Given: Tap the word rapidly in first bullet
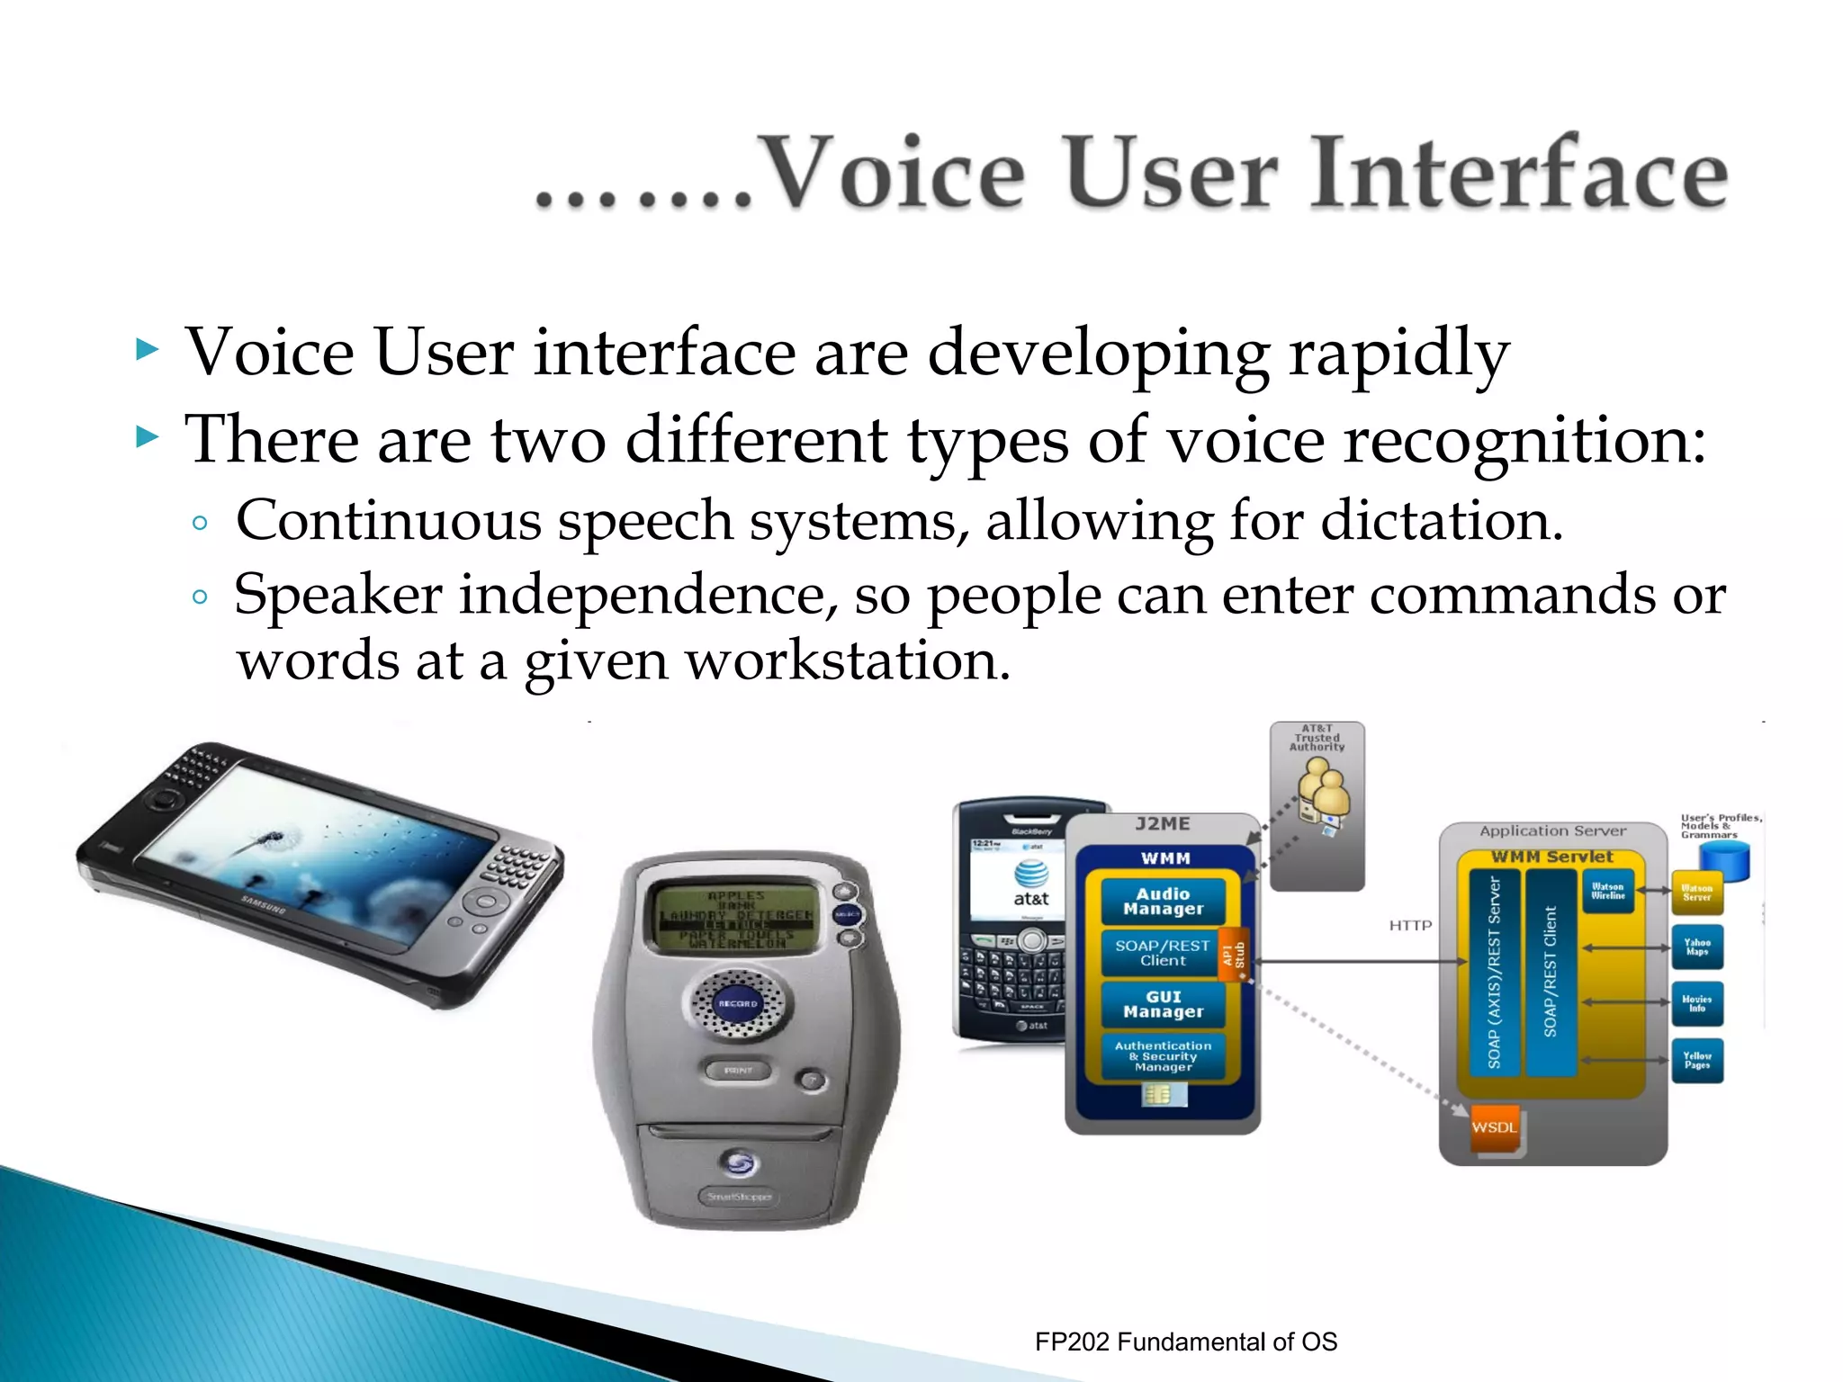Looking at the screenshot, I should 1398,353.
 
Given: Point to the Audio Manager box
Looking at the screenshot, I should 1163,901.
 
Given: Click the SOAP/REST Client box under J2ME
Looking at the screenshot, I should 1162,953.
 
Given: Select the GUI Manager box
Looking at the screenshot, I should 1163,1004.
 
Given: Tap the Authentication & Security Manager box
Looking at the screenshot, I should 1163,1056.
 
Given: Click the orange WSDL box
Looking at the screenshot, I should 1494,1126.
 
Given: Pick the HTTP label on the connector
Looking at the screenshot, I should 1409,925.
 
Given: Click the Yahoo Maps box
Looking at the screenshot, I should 1697,947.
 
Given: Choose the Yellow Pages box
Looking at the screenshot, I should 1697,1060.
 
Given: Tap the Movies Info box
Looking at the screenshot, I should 1697,1003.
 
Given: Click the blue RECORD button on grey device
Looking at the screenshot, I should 738,1003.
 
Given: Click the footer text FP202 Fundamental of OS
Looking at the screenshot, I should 1185,1342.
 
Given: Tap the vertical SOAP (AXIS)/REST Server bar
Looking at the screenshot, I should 1494,972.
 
